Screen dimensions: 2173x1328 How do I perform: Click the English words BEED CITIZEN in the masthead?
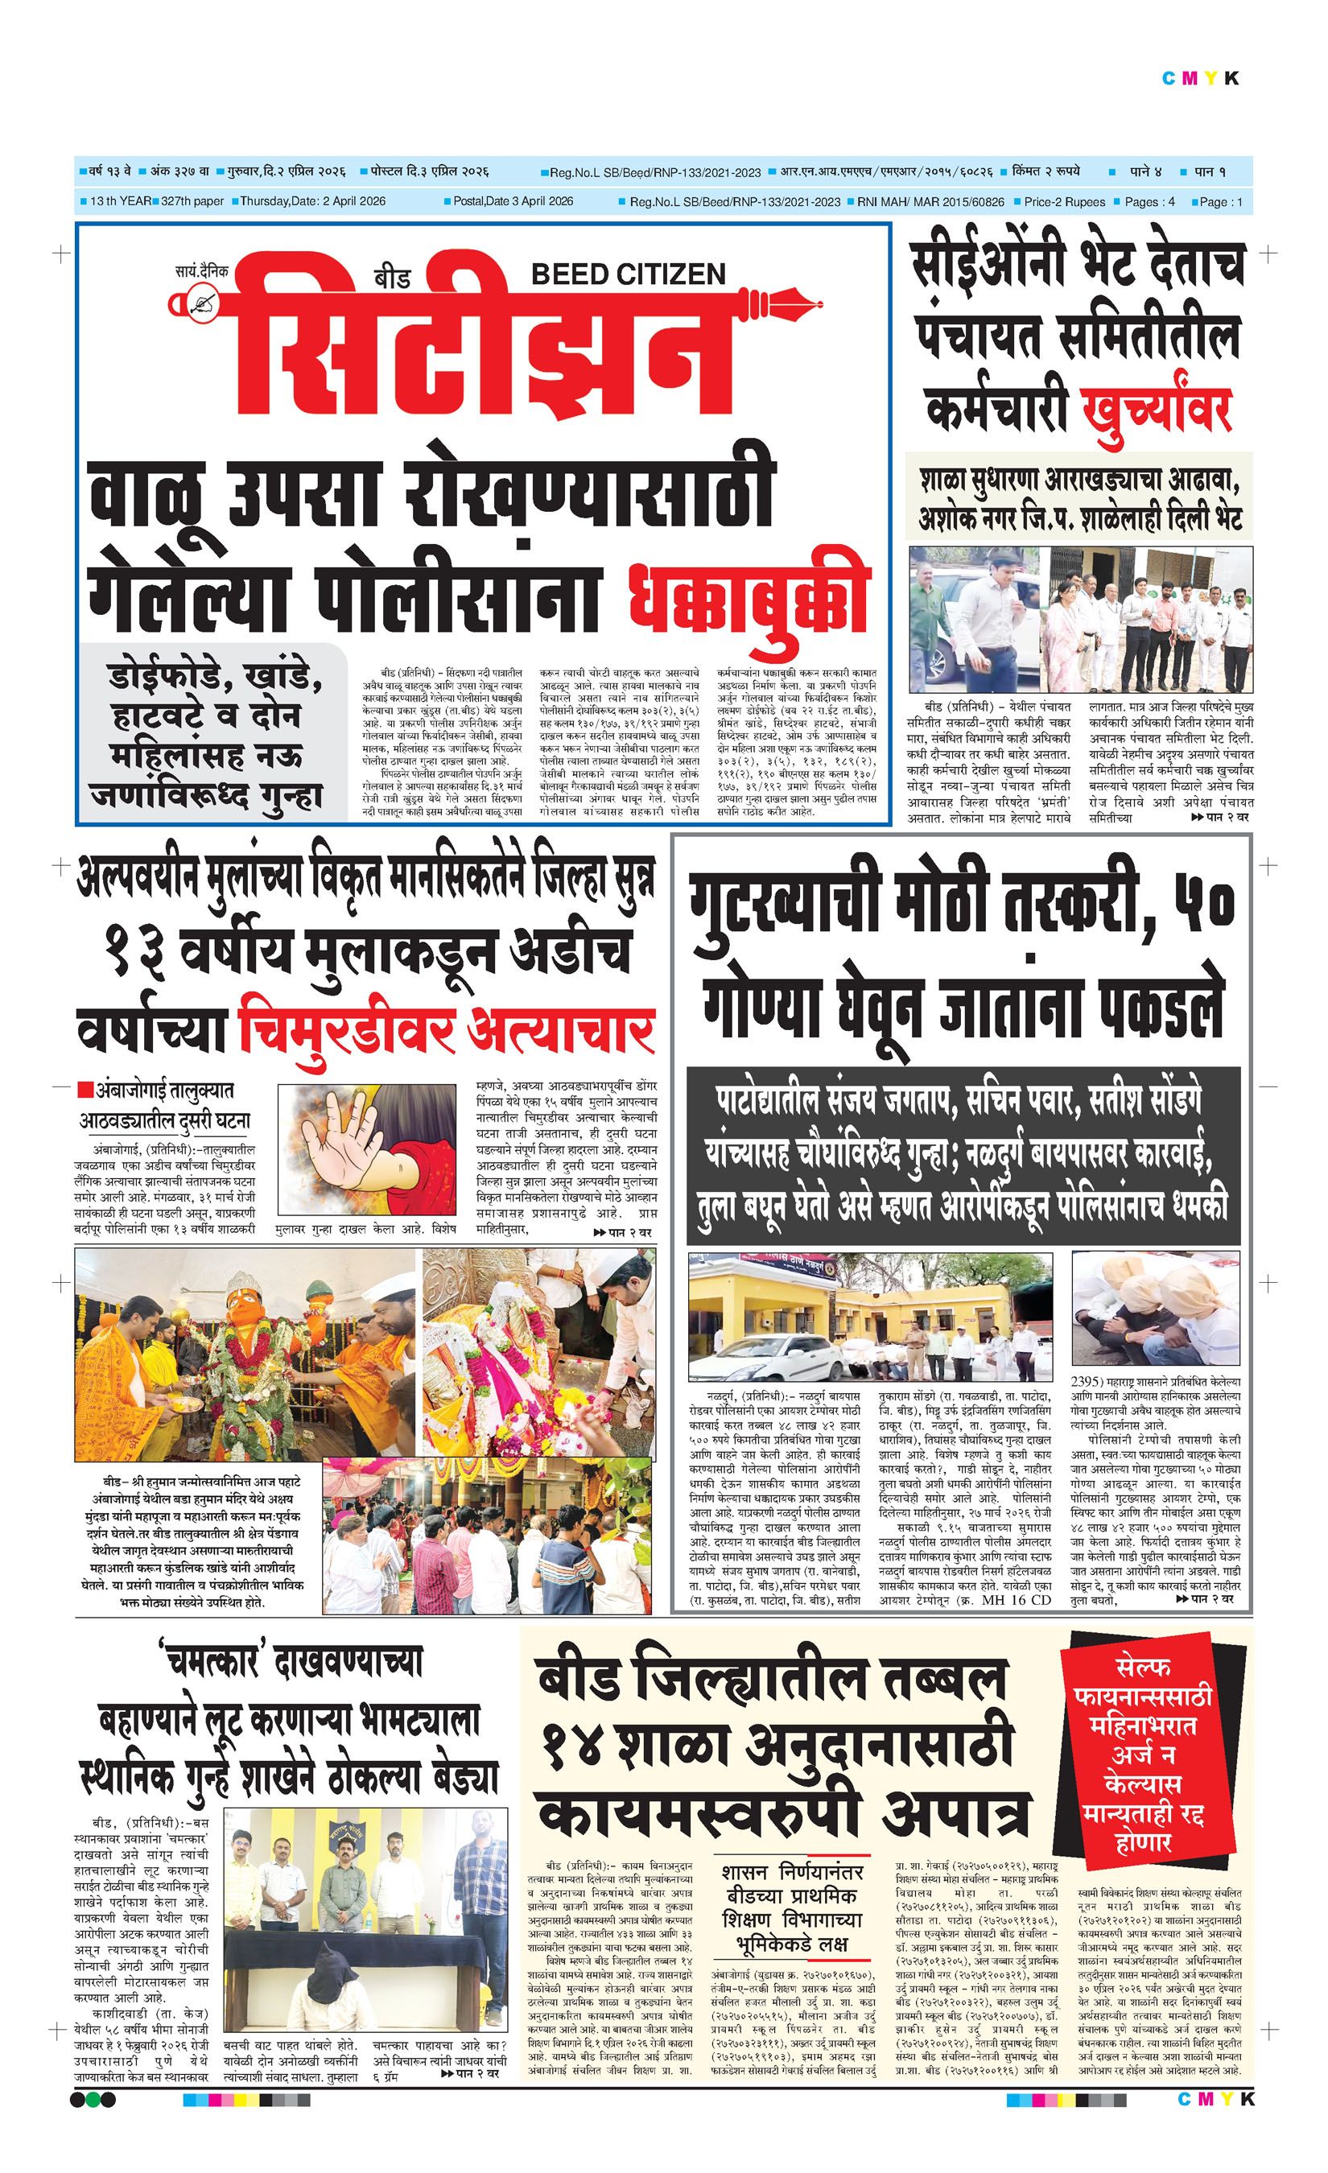[628, 274]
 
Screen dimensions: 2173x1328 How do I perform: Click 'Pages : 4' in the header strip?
[1149, 202]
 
